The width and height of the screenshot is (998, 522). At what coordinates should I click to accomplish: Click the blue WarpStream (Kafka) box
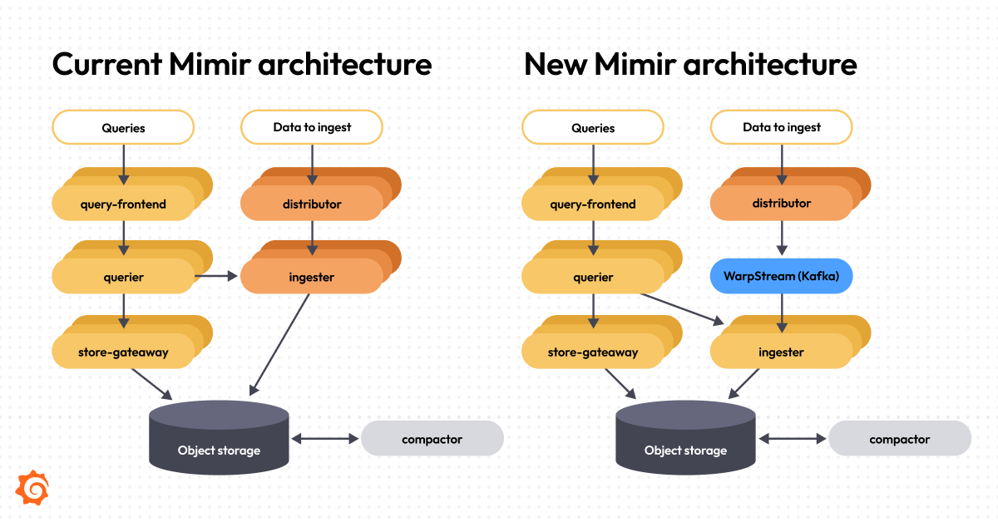[x=781, y=276]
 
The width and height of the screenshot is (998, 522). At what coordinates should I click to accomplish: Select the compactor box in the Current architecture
[x=432, y=438]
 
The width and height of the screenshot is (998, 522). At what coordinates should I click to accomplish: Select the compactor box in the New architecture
[x=900, y=438]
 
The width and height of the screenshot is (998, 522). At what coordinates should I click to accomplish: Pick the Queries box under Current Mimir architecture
[x=123, y=127]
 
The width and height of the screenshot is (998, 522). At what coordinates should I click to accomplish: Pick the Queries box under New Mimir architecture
[x=593, y=127]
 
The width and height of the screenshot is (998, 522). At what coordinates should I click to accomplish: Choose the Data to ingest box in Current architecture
[x=312, y=127]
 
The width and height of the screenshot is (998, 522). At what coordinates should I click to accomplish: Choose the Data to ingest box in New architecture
[x=781, y=127]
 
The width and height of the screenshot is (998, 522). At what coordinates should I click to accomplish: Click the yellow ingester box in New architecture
[x=781, y=352]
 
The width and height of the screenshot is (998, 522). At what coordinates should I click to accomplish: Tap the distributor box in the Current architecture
[x=311, y=204]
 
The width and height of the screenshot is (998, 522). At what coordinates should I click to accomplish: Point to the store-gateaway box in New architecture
[x=593, y=352]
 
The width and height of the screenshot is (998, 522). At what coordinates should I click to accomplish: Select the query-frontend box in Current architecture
[x=123, y=204]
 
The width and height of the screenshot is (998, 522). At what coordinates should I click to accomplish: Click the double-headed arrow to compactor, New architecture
[x=793, y=438]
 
